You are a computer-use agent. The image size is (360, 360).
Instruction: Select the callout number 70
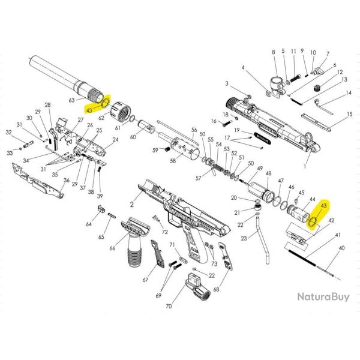pyautogui.click(x=169, y=305)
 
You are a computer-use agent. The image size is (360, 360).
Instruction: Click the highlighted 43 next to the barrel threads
pyautogui.click(x=89, y=110)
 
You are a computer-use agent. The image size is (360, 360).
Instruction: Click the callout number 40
pyautogui.click(x=342, y=248)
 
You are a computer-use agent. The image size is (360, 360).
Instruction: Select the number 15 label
pyautogui.click(x=349, y=114)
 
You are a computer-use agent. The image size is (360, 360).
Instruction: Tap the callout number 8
pyautogui.click(x=273, y=53)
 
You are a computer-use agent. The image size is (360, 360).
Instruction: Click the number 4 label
pyautogui.click(x=244, y=68)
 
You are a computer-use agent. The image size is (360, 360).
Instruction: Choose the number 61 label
pyautogui.click(x=118, y=128)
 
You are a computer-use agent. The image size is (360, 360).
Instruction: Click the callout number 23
pyautogui.click(x=244, y=239)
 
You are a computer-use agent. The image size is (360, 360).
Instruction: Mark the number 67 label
pyautogui.click(x=145, y=280)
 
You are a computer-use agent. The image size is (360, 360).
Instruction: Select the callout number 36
pyautogui.click(x=67, y=181)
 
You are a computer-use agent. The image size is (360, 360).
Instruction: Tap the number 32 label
pyautogui.click(x=8, y=133)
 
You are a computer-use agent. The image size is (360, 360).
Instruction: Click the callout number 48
pyautogui.click(x=268, y=173)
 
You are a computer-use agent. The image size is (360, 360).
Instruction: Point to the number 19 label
pyautogui.click(x=237, y=130)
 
